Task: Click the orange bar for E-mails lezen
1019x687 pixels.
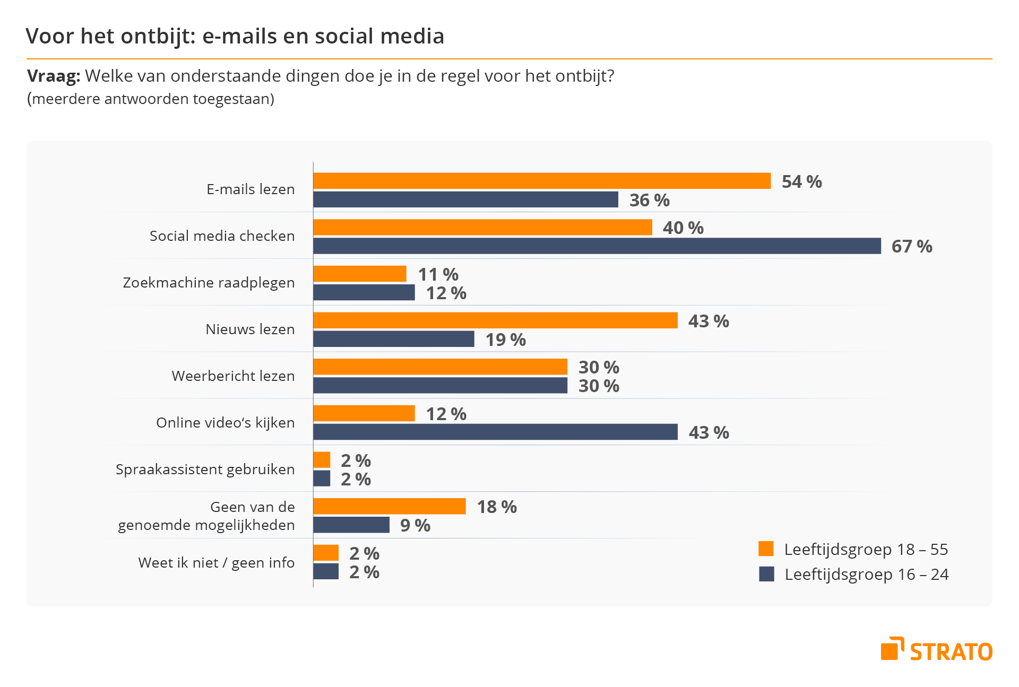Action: (541, 181)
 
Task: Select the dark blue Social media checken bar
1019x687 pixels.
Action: (597, 246)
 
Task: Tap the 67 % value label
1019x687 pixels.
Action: (911, 247)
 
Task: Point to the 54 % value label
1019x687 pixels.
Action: (801, 182)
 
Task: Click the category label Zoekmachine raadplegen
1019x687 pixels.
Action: (209, 282)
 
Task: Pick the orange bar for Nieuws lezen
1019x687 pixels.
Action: (495, 320)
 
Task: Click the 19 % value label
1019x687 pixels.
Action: (505, 340)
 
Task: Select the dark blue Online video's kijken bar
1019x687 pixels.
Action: (495, 432)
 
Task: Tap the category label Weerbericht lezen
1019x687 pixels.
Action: (233, 376)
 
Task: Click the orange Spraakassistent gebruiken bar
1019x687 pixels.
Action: (322, 460)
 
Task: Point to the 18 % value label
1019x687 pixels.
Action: (497, 507)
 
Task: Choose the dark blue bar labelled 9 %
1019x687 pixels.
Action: (351, 525)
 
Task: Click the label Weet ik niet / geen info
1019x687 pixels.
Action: (216, 562)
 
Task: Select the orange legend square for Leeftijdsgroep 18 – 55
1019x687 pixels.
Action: (766, 549)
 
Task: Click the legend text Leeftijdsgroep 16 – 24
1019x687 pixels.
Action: (866, 575)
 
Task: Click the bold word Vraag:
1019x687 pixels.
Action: (53, 76)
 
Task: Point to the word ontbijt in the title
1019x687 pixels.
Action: (158, 36)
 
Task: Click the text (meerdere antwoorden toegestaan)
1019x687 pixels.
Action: (151, 99)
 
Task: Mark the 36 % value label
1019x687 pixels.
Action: (649, 201)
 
